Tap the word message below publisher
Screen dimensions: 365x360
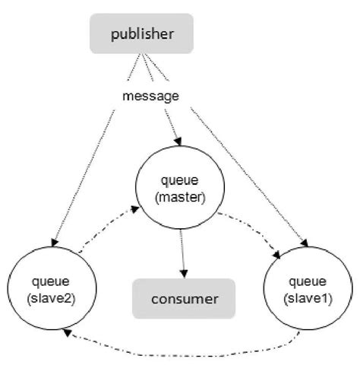click(x=150, y=97)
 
